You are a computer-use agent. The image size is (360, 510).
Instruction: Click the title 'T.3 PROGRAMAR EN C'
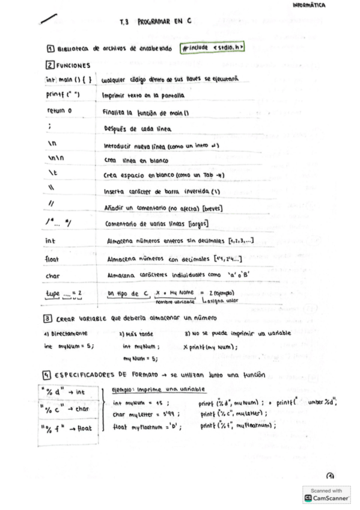click(x=155, y=20)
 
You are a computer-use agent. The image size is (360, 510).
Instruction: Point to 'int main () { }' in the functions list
click(x=67, y=79)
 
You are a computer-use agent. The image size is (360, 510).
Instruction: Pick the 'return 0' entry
click(x=59, y=111)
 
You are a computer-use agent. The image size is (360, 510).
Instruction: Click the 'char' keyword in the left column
click(x=52, y=276)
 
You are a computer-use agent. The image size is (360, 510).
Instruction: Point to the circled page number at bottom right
click(x=330, y=475)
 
